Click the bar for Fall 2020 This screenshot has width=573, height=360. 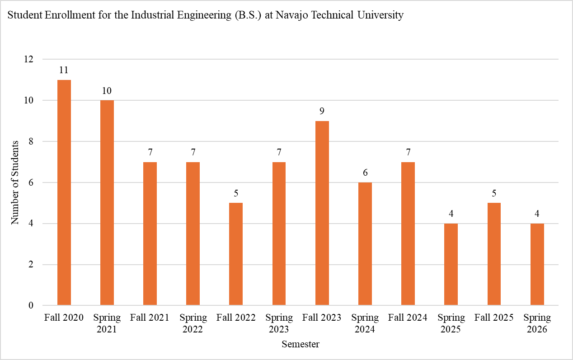tap(64, 192)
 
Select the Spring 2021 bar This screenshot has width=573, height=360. tap(107, 203)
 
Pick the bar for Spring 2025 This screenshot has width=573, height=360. tap(451, 264)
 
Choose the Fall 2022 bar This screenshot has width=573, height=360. tap(236, 254)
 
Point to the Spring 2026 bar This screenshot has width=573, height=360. tap(537, 264)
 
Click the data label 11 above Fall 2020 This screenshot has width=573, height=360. tap(64, 70)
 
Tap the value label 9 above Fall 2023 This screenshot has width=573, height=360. tap(322, 111)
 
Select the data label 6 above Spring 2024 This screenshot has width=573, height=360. tap(365, 173)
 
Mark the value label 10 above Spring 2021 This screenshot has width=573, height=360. tap(107, 91)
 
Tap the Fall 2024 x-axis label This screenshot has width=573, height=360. tap(408, 318)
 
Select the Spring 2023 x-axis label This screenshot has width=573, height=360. tap(279, 323)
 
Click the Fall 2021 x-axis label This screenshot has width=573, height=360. tap(150, 318)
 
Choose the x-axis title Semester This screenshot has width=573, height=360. tap(301, 345)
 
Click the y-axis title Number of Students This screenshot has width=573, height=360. tap(15, 182)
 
